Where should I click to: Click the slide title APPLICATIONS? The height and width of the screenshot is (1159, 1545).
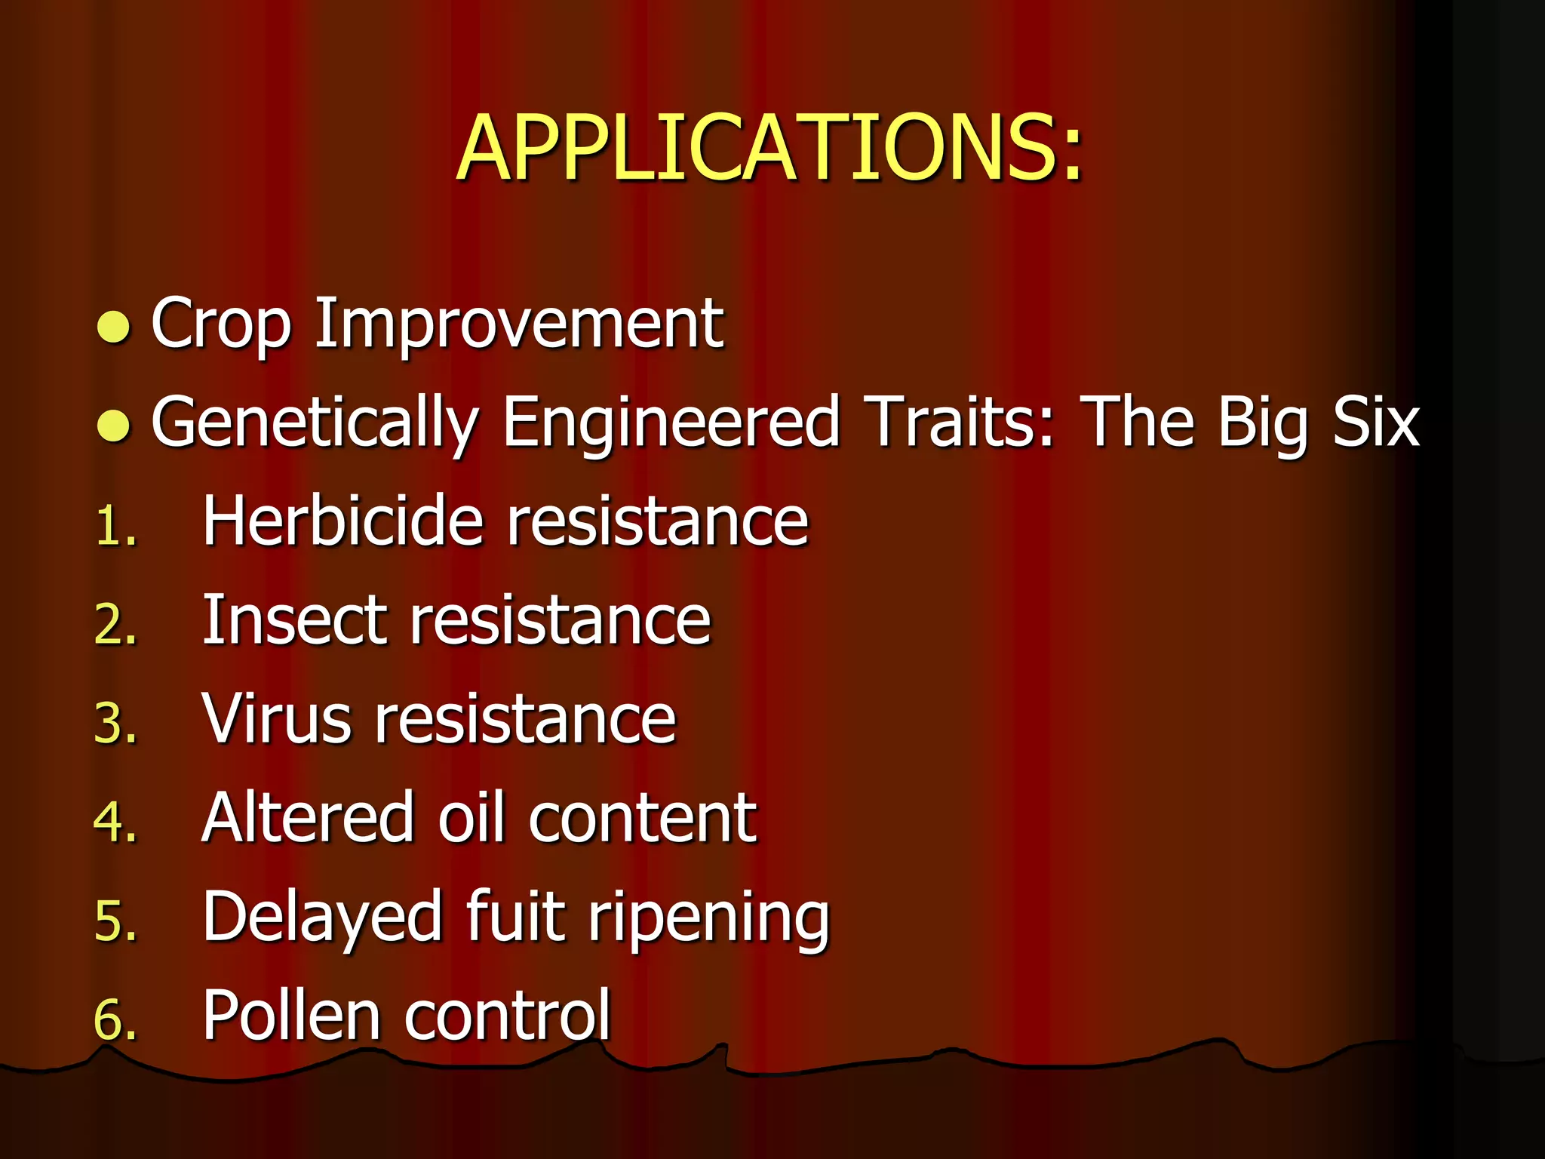(x=769, y=148)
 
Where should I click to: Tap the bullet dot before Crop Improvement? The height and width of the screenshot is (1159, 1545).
(x=114, y=327)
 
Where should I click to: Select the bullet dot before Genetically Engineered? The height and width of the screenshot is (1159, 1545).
(x=114, y=426)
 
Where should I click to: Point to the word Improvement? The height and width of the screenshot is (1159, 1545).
(x=519, y=324)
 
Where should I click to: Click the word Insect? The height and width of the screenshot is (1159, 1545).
(x=294, y=620)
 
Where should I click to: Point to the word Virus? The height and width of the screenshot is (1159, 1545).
(x=276, y=718)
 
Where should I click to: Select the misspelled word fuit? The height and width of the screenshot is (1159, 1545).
(x=515, y=916)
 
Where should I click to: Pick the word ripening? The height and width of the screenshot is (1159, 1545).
(x=708, y=919)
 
